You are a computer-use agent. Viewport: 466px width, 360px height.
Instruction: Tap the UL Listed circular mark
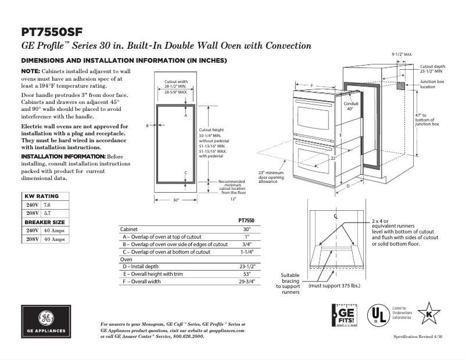(x=378, y=316)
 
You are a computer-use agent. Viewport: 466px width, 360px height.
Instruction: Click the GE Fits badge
(x=343, y=317)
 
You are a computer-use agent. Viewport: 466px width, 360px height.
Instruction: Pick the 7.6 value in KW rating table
(x=47, y=206)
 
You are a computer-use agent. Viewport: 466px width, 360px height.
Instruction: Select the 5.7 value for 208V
(x=47, y=214)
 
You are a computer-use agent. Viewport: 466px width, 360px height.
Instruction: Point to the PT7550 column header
(x=246, y=221)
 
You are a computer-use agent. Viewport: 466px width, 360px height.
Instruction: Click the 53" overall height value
(x=246, y=273)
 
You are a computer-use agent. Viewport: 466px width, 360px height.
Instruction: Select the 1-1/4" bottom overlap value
(x=246, y=252)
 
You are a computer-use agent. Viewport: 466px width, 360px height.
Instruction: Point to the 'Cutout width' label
(x=176, y=81)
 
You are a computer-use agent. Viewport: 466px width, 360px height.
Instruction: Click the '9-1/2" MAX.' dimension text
(x=402, y=53)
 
